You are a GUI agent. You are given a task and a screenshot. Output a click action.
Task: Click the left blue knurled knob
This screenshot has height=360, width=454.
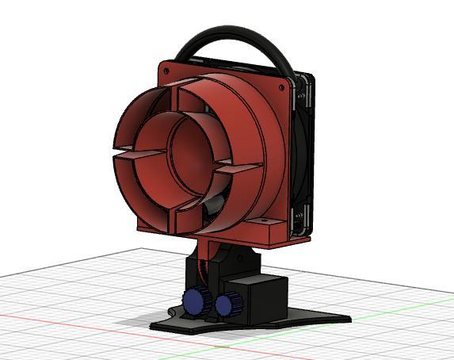[193, 301]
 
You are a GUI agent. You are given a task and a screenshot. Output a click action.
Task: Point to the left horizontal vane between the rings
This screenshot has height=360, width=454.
[130, 149]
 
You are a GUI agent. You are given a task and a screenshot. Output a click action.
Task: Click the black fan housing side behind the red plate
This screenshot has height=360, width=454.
[305, 159]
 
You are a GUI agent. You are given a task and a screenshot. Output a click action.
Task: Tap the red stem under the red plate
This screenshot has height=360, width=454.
[211, 254]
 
